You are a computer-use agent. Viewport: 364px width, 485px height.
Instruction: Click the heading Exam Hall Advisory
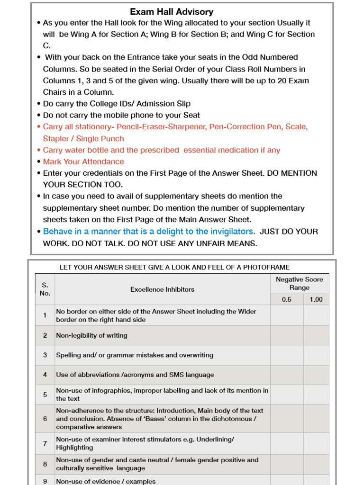tap(172, 12)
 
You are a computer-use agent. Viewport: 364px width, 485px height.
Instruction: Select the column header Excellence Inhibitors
tap(162, 289)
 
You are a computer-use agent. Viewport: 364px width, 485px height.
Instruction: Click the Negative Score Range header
tap(299, 283)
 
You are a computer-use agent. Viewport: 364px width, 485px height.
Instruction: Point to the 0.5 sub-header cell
tap(287, 299)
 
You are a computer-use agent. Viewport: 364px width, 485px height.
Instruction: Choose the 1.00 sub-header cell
tap(316, 299)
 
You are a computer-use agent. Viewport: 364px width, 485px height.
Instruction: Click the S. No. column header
tap(45, 289)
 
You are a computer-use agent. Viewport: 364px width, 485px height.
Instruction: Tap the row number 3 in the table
tap(45, 355)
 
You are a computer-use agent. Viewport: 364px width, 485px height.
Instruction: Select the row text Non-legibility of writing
tap(91, 335)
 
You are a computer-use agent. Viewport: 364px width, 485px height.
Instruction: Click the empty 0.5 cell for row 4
tap(287, 375)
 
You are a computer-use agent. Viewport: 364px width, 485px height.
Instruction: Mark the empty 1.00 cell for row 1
tap(316, 315)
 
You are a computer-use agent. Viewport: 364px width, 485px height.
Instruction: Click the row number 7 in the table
tap(45, 443)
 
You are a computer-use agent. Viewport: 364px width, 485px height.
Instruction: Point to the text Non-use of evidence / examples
tap(106, 481)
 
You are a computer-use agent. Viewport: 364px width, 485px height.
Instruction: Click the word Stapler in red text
tap(56, 138)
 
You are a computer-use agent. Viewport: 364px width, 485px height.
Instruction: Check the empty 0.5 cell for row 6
tap(287, 419)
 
